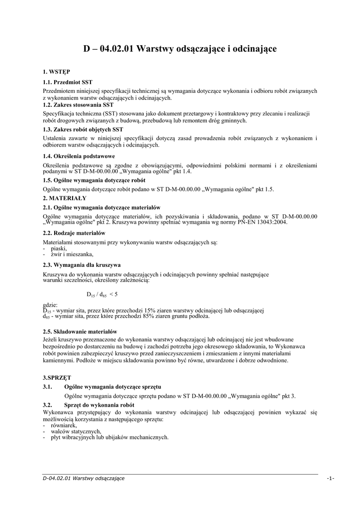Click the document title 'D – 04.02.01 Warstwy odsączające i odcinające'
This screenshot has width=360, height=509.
(x=180, y=49)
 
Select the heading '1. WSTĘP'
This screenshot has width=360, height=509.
(x=56, y=72)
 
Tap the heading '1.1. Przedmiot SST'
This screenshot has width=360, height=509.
(x=68, y=82)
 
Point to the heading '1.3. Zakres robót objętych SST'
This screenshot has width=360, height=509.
(x=83, y=129)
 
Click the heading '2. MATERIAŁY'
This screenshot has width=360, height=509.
(x=65, y=198)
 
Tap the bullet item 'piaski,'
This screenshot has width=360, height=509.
(x=59, y=248)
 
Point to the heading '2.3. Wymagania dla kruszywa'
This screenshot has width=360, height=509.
(x=82, y=265)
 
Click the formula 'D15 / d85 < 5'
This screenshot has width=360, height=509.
(x=101, y=295)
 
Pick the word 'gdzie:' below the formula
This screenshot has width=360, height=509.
(x=50, y=305)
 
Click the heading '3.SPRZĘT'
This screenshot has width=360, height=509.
(x=57, y=378)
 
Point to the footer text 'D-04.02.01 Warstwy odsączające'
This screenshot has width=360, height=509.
(x=84, y=478)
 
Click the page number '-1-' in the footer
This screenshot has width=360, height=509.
(x=330, y=478)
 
